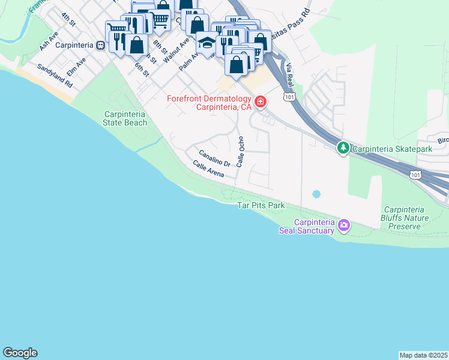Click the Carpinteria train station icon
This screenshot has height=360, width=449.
(x=101, y=45)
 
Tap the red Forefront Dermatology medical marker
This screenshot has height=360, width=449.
(x=261, y=101)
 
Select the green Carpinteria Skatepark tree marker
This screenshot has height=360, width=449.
(x=343, y=147)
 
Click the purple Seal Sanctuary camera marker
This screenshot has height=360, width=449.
(x=343, y=226)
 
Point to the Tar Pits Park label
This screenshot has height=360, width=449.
(x=261, y=206)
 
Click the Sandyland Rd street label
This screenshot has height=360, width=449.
(x=55, y=76)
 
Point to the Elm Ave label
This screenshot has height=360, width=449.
(x=76, y=66)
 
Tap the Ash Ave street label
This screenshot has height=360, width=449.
(x=47, y=41)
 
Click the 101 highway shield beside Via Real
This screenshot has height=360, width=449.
(x=289, y=96)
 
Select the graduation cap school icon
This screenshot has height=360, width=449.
(x=206, y=44)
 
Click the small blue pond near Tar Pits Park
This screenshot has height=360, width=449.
(x=316, y=194)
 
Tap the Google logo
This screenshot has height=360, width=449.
(x=20, y=353)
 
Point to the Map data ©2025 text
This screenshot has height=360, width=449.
(x=423, y=355)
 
